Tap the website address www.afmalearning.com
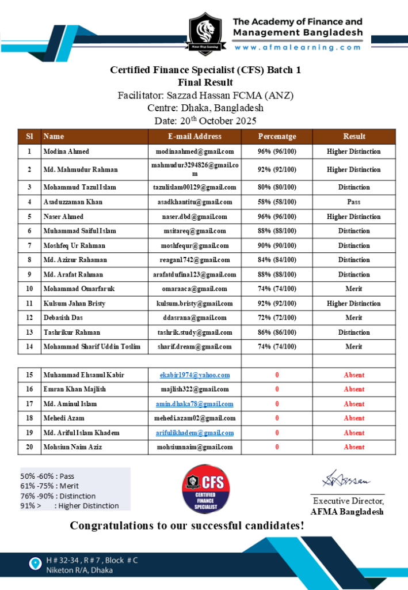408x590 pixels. (298, 48)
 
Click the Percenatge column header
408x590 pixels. (277, 137)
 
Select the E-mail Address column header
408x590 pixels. (195, 137)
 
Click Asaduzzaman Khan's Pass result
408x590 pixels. (354, 202)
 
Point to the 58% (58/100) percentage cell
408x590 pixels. (277, 202)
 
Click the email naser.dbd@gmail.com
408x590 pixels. (195, 217)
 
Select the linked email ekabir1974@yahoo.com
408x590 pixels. (195, 375)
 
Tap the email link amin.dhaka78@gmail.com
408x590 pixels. (195, 404)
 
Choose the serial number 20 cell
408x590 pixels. (29, 447)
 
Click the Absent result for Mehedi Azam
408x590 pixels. (354, 418)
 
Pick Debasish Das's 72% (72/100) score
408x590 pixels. (277, 317)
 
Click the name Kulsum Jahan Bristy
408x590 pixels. (74, 303)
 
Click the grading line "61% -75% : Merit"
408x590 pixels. (49, 486)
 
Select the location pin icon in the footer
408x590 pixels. (36, 562)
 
